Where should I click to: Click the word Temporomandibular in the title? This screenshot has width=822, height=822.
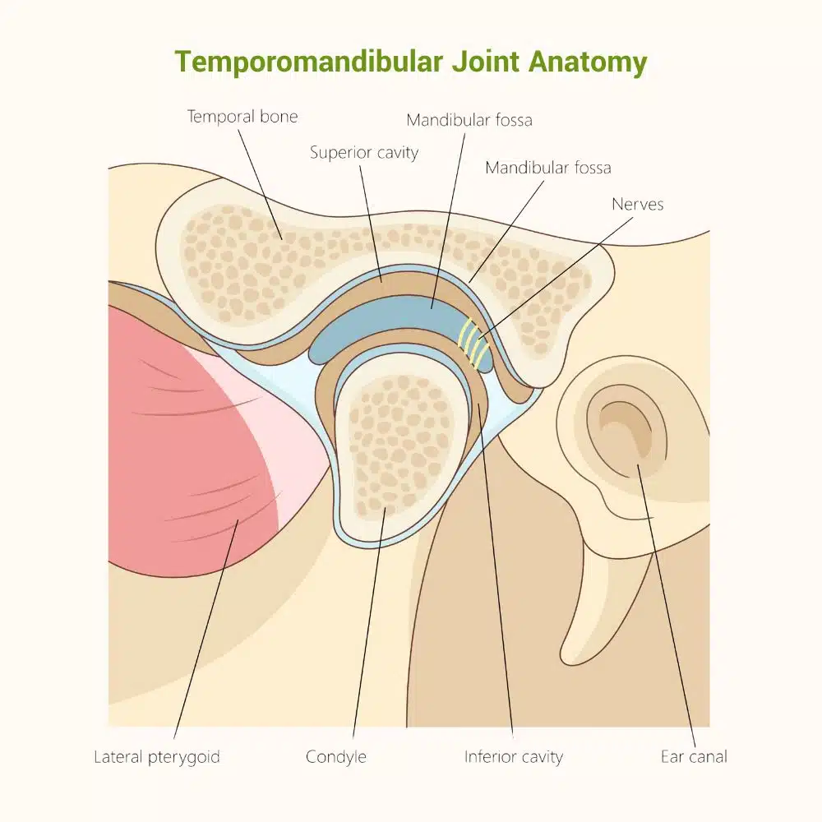309,62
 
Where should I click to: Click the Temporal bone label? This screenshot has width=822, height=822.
242,117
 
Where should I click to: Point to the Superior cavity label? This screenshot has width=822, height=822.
364,153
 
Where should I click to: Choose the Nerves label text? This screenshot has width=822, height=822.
638,204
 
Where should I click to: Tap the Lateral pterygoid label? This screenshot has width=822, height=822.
157,757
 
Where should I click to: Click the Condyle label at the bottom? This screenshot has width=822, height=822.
336,757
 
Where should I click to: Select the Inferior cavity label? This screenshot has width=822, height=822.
514,757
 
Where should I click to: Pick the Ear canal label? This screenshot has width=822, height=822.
694,756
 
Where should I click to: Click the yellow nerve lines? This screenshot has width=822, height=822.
473,343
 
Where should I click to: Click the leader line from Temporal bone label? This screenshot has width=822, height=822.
260,184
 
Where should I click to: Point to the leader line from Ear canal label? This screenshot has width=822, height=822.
667,606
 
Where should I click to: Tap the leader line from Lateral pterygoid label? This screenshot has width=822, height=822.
206,629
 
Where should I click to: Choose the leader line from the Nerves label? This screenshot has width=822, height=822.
555,277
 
